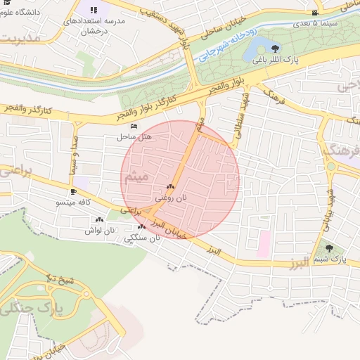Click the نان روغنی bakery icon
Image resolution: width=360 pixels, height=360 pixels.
170,187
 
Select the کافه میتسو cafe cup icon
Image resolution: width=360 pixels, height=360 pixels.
73,191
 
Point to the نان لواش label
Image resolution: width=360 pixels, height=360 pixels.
99,230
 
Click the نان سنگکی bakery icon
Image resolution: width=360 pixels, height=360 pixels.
142,226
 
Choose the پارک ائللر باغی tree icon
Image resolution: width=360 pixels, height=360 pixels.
274,49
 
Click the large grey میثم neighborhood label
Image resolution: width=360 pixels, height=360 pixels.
138,178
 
